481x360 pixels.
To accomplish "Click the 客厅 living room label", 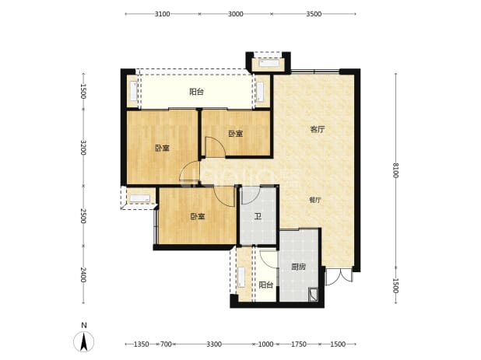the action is pyautogui.click(x=318, y=130).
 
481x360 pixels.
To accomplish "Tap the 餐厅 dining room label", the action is pyautogui.click(x=314, y=200).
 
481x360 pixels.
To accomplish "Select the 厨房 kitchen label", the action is pyautogui.click(x=298, y=267).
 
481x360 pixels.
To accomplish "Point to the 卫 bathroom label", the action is pyautogui.click(x=258, y=217).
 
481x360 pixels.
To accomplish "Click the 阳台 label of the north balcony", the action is pyautogui.click(x=196, y=92).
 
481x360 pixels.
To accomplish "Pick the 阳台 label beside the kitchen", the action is pyautogui.click(x=265, y=285).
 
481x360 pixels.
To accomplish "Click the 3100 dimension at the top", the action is pyautogui.click(x=162, y=14).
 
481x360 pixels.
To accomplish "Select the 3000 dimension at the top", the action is pyautogui.click(x=236, y=14).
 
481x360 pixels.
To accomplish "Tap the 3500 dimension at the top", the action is pyautogui.click(x=314, y=14).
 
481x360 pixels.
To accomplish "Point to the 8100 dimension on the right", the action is pyautogui.click(x=395, y=170).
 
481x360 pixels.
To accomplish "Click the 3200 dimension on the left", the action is pyautogui.click(x=83, y=148).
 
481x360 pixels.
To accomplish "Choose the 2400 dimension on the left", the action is pyautogui.click(x=83, y=274).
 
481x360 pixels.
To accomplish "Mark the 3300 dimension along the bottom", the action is pyautogui.click(x=214, y=344).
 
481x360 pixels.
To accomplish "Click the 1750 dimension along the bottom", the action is pyautogui.click(x=298, y=344).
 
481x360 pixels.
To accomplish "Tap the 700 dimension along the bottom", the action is pyautogui.click(x=166, y=344).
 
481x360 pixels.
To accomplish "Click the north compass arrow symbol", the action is pyautogui.click(x=84, y=341).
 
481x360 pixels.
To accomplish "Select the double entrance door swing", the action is pyautogui.click(x=339, y=278).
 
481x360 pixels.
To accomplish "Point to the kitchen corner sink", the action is pyautogui.click(x=313, y=295).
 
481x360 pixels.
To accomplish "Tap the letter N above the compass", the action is pyautogui.click(x=84, y=325).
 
